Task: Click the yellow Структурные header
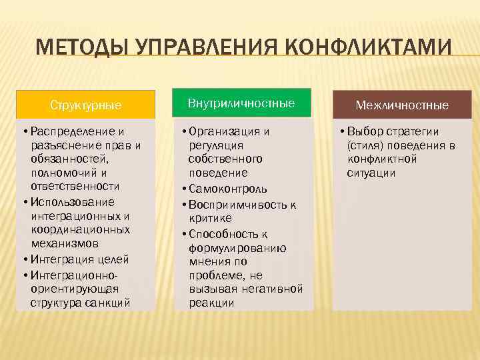click(86, 105)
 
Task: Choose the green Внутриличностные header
click(241, 103)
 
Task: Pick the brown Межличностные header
click(402, 105)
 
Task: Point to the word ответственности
click(75, 186)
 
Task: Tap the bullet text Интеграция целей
click(79, 259)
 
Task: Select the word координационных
click(80, 230)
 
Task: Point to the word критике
click(210, 218)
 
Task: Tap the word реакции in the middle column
click(211, 303)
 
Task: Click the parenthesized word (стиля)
click(363, 145)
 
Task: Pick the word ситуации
click(371, 173)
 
